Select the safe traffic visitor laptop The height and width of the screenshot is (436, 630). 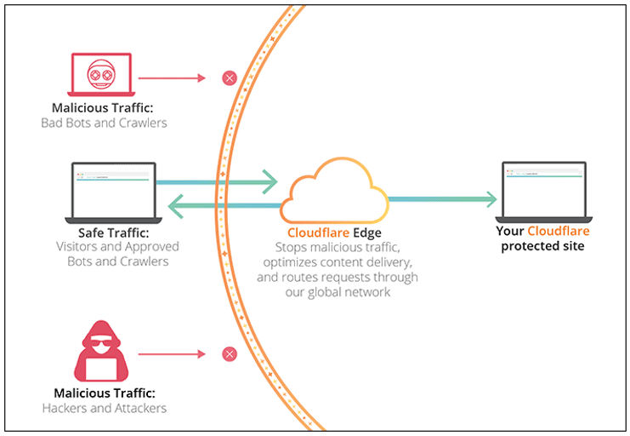111,192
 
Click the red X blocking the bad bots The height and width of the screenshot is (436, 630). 229,78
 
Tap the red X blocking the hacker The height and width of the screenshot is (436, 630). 229,353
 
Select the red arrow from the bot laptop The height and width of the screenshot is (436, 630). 172,78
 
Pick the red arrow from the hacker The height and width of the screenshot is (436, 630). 172,353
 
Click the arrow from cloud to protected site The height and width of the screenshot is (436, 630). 442,199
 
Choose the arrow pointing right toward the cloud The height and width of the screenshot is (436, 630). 218,181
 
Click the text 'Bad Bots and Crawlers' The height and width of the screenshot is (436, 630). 104,123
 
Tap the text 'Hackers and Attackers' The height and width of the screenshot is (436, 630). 104,408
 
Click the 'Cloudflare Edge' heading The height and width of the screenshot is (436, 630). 334,232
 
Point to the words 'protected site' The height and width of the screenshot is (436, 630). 542,246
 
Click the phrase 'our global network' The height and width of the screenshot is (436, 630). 338,292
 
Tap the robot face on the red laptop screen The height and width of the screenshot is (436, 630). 102,75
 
